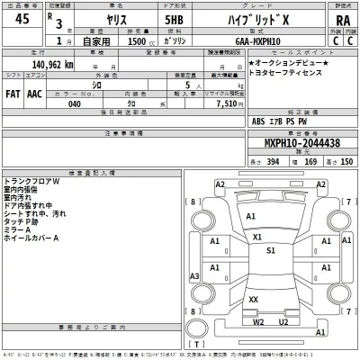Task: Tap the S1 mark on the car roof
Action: (271, 251)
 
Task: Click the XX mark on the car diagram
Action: (254, 300)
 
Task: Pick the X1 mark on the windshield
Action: (257, 237)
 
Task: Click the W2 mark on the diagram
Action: (258, 320)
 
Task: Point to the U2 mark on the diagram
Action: (283, 320)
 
